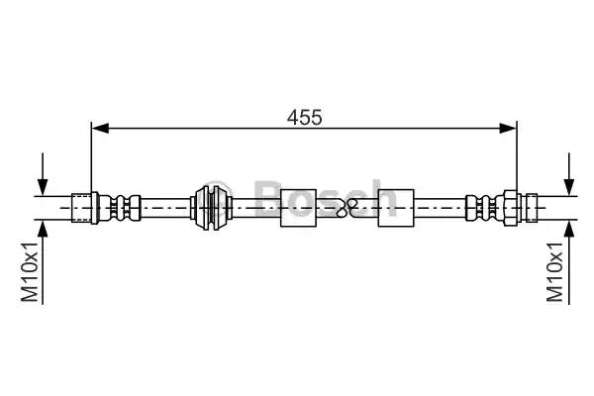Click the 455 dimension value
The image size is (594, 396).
(304, 117)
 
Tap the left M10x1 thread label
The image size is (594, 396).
(30, 272)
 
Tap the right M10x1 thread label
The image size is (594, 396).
(555, 272)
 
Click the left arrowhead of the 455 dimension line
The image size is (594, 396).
(100, 128)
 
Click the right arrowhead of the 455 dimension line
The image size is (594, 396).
(508, 128)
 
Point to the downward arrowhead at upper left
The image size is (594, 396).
(43, 187)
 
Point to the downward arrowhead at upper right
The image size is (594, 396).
(569, 187)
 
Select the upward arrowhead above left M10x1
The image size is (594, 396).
(43, 229)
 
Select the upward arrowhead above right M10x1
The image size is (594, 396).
(569, 229)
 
